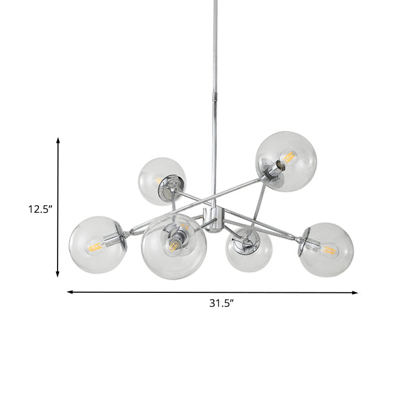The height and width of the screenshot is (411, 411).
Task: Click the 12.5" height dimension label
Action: point(40,209)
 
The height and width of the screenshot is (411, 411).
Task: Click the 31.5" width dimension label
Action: point(221,303)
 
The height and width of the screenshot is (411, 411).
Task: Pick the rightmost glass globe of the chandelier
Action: point(327,250)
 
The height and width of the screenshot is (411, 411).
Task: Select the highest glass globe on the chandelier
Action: point(286,161)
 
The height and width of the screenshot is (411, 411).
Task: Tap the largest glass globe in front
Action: point(175,246)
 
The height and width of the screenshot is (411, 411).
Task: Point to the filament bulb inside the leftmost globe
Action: point(95,248)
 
